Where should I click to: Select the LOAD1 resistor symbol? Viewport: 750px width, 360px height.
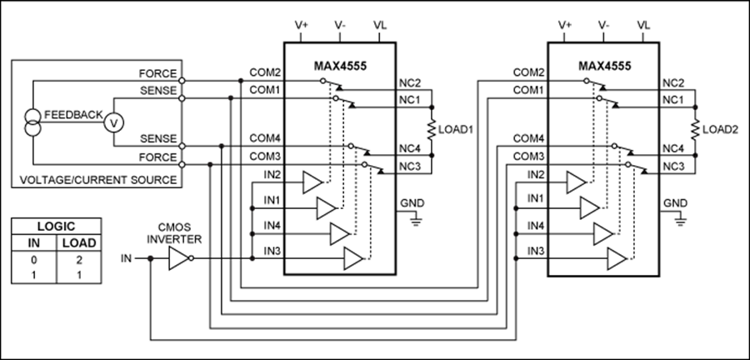432,130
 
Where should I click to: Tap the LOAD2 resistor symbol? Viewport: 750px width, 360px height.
695,130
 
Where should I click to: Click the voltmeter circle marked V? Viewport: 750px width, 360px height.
114,122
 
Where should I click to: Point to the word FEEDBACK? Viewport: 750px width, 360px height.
73,115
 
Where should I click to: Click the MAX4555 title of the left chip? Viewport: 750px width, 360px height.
340,66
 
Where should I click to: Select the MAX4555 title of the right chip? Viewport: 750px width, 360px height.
604,66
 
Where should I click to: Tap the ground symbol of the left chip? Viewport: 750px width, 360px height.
416,220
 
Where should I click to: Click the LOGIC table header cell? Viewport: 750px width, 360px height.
56,227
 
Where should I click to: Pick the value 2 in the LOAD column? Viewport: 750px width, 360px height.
79,261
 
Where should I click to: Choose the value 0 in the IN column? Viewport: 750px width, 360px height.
34,261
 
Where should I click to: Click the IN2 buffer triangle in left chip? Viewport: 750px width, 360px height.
312,182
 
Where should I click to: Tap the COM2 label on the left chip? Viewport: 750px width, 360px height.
264,72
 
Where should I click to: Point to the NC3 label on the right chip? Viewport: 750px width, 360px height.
673,166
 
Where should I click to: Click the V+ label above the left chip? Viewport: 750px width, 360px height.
302,25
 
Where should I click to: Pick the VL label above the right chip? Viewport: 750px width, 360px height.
644,25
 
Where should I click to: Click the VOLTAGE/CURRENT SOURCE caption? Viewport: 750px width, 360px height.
98,180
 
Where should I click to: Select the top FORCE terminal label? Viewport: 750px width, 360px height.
157,73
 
